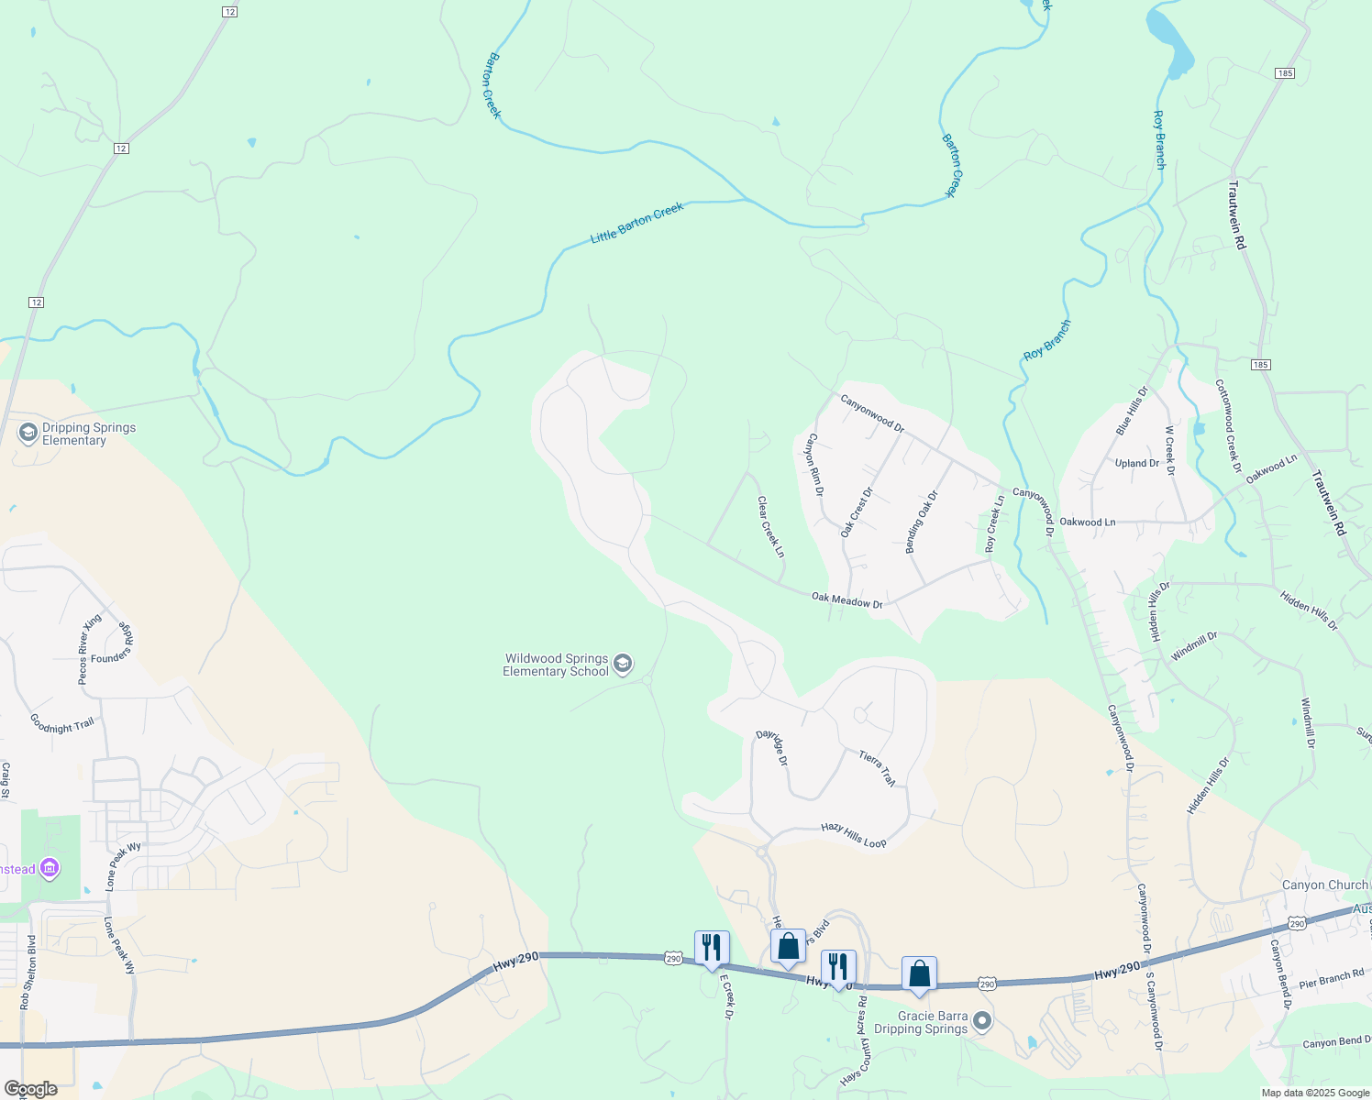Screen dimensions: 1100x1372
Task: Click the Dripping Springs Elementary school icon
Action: [28, 433]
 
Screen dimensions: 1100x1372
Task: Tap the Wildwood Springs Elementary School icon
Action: [623, 665]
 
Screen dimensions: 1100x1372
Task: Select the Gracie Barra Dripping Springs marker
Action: [982, 1021]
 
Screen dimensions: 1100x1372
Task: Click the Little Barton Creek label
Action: [637, 223]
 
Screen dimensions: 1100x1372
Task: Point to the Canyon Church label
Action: [1323, 885]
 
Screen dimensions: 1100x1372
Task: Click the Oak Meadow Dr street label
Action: [846, 601]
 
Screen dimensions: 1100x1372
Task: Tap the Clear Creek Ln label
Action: [770, 527]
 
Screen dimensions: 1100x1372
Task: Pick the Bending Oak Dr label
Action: [922, 522]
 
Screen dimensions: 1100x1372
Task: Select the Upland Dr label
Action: [1136, 463]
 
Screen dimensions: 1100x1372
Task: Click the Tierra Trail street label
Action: [877, 768]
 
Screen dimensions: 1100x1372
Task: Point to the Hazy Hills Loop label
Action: [853, 834]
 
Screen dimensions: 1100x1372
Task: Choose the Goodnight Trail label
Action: [61, 724]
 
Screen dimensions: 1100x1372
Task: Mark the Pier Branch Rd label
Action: [1332, 978]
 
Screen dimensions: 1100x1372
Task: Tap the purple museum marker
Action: [50, 867]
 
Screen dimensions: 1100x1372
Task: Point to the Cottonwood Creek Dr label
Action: [1228, 426]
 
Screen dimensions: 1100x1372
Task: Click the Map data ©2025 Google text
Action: [1314, 1093]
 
